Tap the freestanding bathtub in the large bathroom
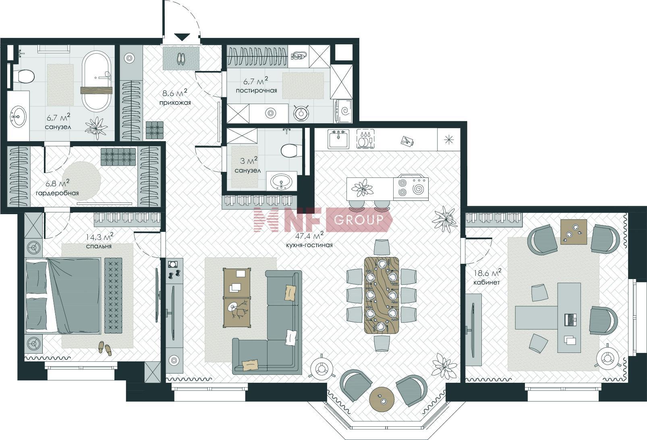97,82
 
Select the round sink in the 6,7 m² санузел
19,117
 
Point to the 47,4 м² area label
309,235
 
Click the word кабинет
486,282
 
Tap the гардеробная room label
57,193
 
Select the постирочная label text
256,90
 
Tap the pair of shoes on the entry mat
181,59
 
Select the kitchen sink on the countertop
338,139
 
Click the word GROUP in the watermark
359,220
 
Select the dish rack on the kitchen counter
365,139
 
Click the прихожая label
175,102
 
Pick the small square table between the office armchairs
574,232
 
